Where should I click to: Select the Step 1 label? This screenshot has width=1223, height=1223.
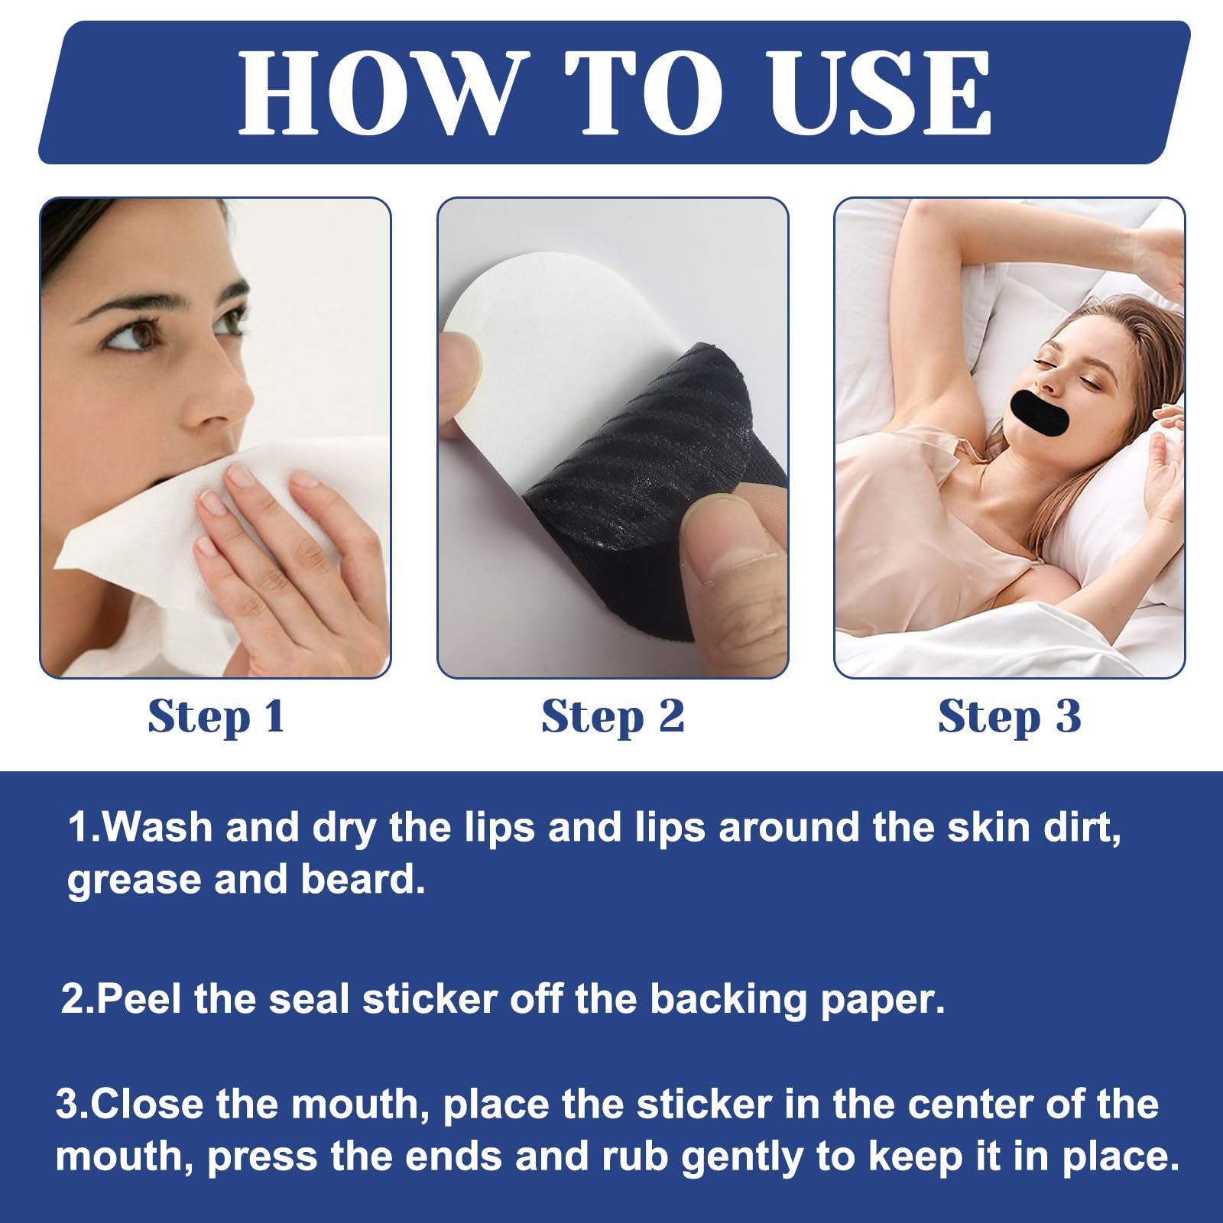[x=216, y=718]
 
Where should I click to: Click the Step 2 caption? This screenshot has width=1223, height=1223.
[x=612, y=718]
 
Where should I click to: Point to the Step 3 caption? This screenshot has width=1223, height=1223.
[x=1009, y=718]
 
